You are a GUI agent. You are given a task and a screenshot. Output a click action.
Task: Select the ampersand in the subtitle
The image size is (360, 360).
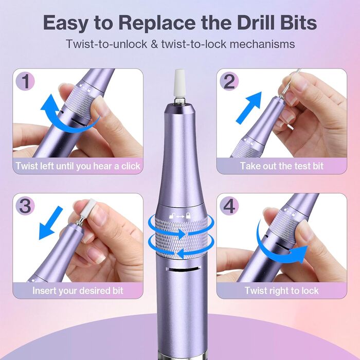click(x=154, y=44)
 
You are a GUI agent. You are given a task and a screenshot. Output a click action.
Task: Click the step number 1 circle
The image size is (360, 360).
click(x=25, y=81)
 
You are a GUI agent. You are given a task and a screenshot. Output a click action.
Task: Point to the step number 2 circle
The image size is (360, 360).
click(x=229, y=81)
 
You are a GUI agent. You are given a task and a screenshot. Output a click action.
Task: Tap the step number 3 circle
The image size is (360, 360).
click(x=25, y=206)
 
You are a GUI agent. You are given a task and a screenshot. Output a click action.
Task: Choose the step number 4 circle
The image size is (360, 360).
click(x=229, y=206)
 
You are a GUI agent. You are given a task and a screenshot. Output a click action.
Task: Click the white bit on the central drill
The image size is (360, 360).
click(x=180, y=83)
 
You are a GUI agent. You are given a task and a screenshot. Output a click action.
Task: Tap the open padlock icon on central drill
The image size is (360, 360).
click(x=172, y=216)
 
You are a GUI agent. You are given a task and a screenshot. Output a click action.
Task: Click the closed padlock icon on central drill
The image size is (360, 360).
click(x=188, y=215)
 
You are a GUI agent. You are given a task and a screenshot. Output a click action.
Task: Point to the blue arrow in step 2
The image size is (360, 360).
click(x=249, y=108)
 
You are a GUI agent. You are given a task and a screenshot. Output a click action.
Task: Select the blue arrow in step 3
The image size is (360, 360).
click(x=50, y=223)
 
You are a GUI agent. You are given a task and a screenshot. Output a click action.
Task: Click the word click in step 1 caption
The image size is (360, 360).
click(x=131, y=166)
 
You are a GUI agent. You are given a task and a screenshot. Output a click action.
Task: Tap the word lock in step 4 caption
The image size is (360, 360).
click(x=310, y=291)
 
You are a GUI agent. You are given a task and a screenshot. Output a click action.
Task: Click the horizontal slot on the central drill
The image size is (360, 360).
click(x=183, y=268)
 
